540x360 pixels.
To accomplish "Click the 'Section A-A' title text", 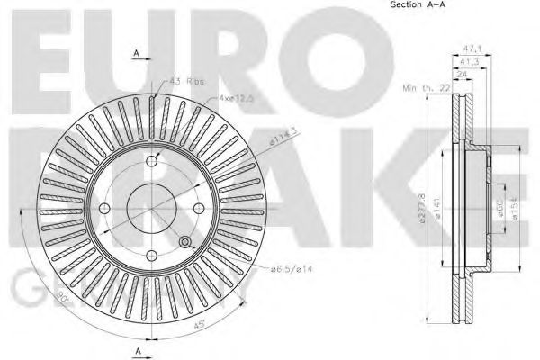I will (418, 5).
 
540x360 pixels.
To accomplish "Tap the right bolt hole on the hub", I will (199, 209).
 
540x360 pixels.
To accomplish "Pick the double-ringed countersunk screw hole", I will (185, 244).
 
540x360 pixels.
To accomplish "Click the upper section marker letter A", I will (136, 54).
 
